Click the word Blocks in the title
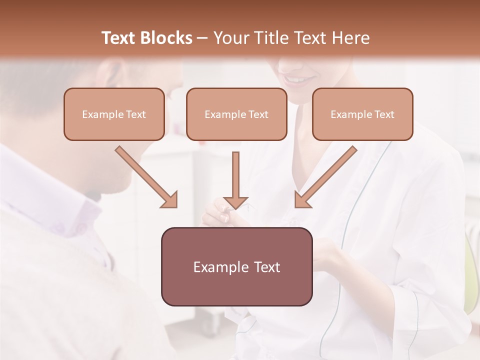167,38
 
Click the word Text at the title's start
120,38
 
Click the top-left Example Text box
114,114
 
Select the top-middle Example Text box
236,114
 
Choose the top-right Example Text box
362,114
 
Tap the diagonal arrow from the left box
146,177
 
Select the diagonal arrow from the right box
326,177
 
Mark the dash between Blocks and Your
202,38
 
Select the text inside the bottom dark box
236,267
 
